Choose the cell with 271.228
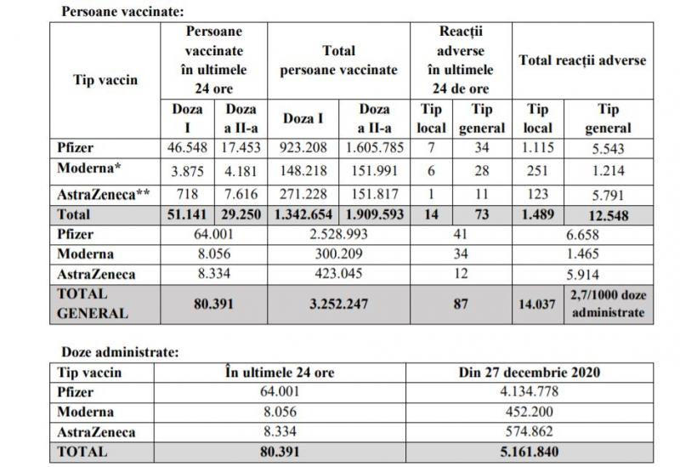click(x=303, y=195)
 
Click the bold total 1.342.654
click(x=303, y=215)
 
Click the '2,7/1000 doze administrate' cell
click(x=609, y=302)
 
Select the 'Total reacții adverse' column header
click(x=583, y=60)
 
